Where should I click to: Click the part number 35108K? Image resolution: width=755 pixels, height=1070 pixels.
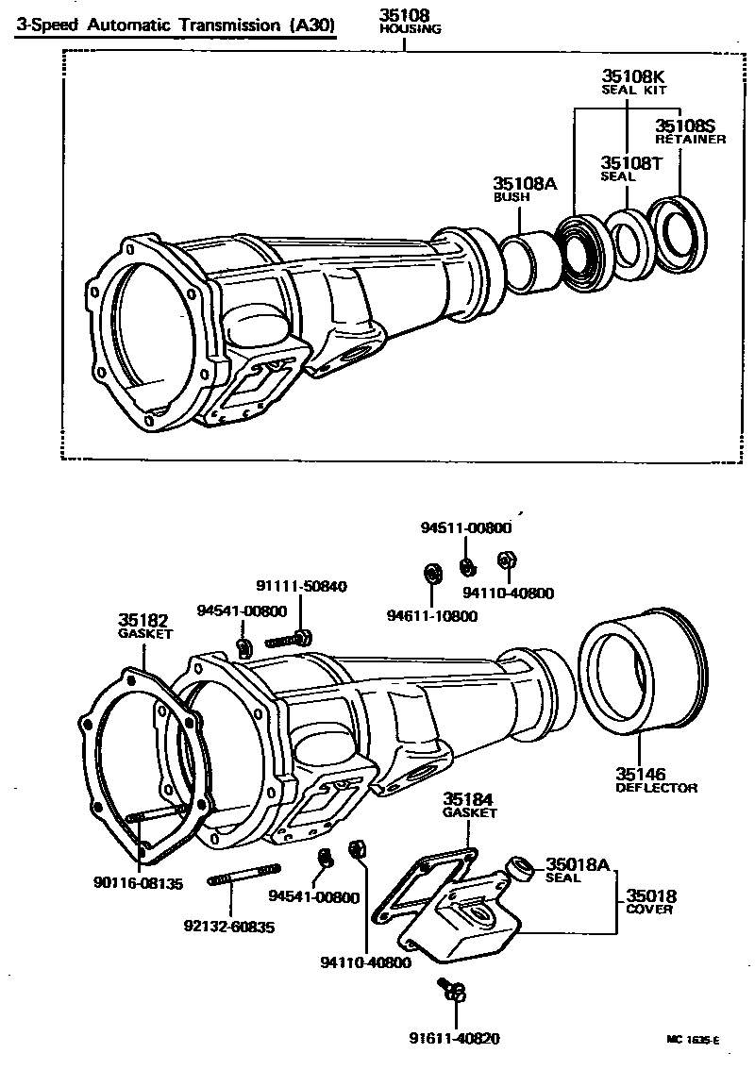[x=633, y=75]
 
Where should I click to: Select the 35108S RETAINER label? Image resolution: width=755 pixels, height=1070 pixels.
[x=690, y=131]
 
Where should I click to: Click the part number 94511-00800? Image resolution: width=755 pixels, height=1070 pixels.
[x=466, y=528]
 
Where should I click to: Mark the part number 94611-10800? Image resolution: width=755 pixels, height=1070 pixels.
[x=431, y=616]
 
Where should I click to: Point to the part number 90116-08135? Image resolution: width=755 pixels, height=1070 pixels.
[x=138, y=883]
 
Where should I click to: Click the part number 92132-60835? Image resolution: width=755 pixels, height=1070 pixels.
[x=229, y=928]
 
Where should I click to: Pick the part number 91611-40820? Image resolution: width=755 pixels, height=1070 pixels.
[x=454, y=1038]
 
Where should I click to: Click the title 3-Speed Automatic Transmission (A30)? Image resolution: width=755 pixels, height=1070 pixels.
[x=176, y=25]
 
